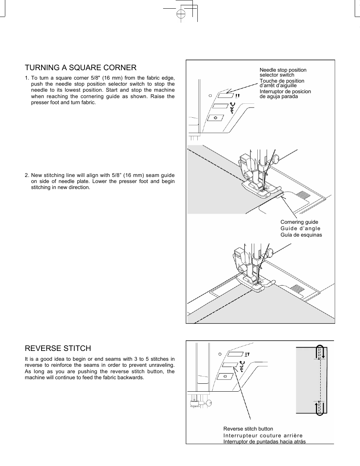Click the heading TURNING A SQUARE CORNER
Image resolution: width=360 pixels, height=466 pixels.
coord(81,68)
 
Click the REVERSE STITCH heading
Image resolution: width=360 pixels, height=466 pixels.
coord(58,348)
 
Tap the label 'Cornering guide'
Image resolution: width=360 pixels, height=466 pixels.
coord(299,222)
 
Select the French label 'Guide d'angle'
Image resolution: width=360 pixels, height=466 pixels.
coord(300,228)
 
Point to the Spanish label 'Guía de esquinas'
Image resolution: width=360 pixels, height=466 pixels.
coord(301,235)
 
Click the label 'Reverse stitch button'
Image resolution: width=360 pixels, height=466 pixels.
coord(248,429)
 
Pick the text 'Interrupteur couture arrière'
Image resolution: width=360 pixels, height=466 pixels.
coord(263,435)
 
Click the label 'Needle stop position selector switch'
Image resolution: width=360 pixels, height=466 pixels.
coord(283,72)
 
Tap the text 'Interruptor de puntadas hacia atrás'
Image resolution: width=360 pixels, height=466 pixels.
coord(264,441)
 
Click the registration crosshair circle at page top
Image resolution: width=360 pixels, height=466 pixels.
coord(181,14)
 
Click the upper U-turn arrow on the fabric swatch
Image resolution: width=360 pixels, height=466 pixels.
coord(320,353)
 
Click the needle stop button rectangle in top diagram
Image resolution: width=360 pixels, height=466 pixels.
coord(225,95)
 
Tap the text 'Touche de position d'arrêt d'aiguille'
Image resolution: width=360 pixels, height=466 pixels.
coord(282,83)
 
